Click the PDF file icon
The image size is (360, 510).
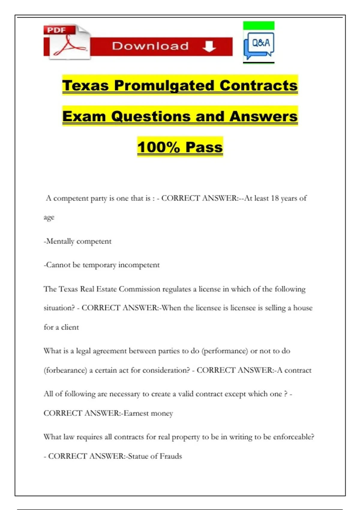(x=67, y=42)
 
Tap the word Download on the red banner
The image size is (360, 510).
(x=150, y=46)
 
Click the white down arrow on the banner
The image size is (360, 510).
(x=209, y=46)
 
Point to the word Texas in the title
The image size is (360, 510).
(x=85, y=85)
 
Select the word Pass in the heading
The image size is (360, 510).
(x=204, y=147)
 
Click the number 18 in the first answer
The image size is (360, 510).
(x=275, y=198)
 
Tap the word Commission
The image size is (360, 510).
(x=139, y=289)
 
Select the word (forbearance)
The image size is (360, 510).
(x=65, y=370)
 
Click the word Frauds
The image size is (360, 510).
(x=171, y=456)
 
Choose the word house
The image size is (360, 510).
(x=303, y=308)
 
